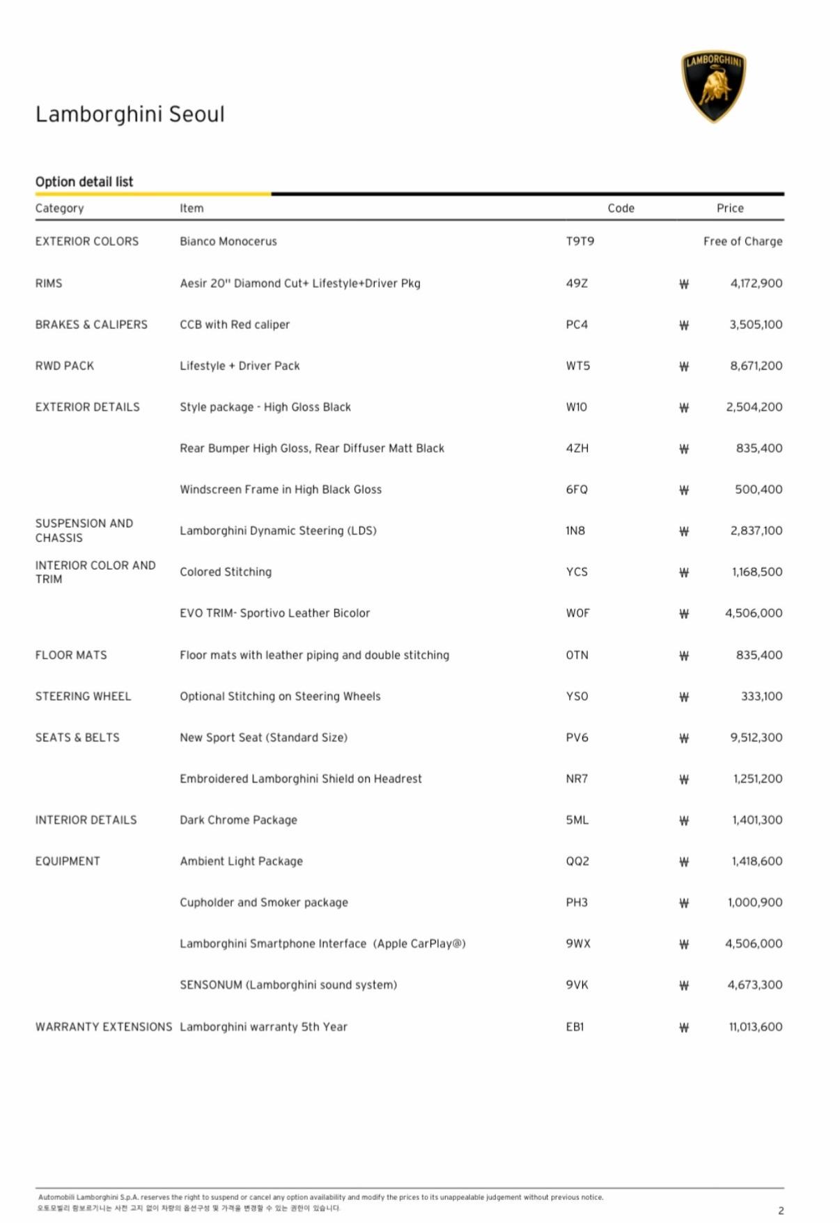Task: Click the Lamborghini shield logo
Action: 713,86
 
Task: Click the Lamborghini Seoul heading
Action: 130,114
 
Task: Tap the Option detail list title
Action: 84,182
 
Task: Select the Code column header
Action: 621,208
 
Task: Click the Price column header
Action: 730,208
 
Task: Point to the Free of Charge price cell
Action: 742,241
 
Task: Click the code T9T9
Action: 580,241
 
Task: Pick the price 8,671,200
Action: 756,366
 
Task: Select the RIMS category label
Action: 49,283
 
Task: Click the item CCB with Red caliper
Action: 235,325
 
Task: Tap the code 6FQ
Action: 577,490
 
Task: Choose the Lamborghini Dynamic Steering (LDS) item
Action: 278,531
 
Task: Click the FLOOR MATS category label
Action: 71,655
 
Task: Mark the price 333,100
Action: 761,696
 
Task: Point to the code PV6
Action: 577,737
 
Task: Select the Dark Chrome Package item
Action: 238,820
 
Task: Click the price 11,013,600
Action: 755,1026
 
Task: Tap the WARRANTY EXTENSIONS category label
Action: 104,1026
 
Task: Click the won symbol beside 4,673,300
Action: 684,985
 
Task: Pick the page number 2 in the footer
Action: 781,1210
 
